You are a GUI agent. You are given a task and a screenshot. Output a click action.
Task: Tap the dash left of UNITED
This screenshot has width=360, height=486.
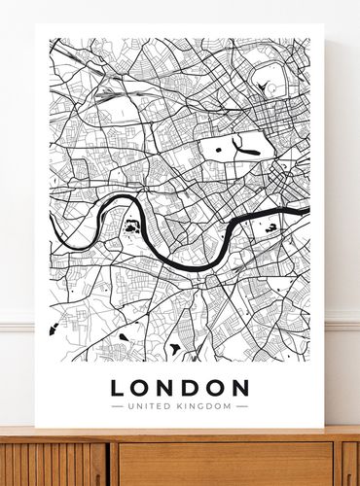pyautogui.click(x=118, y=405)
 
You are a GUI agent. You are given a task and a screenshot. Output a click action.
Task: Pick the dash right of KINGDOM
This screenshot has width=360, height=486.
pyautogui.click(x=241, y=405)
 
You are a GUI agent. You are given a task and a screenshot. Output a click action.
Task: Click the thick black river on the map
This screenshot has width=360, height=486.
pyautogui.click(x=185, y=261)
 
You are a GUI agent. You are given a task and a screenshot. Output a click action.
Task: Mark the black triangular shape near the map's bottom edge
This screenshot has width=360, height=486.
pyautogui.click(x=175, y=348)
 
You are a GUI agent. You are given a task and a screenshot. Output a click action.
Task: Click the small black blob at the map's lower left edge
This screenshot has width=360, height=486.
pyautogui.click(x=54, y=330)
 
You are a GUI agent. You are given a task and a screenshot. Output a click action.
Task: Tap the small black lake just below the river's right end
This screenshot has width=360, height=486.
pyautogui.click(x=271, y=227)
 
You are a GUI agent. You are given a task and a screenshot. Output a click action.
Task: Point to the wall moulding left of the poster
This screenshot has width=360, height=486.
pyautogui.click(x=17, y=322)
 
